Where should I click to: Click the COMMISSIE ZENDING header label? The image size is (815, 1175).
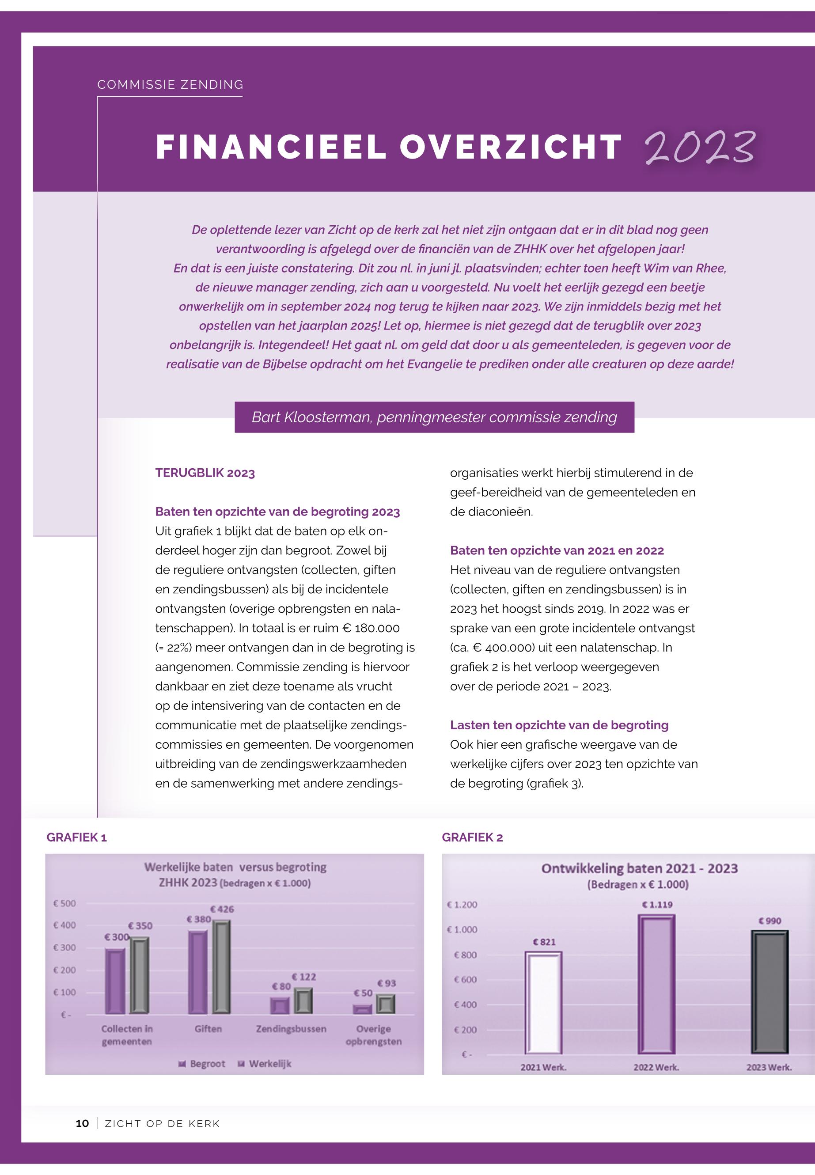click(x=171, y=85)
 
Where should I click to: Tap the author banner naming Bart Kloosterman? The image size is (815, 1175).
click(x=434, y=417)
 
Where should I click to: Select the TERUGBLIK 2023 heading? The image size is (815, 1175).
click(x=205, y=473)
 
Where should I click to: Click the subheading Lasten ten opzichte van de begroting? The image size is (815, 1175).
click(x=559, y=725)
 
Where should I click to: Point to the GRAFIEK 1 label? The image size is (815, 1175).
click(x=76, y=837)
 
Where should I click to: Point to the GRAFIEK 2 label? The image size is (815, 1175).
click(x=472, y=837)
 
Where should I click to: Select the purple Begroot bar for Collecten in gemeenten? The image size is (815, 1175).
click(x=115, y=981)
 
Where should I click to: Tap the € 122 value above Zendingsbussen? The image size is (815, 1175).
click(x=304, y=977)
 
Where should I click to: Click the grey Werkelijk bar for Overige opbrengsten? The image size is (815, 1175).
click(x=386, y=1004)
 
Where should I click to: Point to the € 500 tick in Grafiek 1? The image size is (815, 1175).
click(x=64, y=903)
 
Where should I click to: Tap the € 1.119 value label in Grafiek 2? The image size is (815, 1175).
click(x=657, y=904)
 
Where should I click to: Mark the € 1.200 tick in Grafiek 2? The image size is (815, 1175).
click(x=462, y=904)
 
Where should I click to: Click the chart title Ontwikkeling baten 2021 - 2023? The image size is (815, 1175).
click(x=639, y=868)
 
